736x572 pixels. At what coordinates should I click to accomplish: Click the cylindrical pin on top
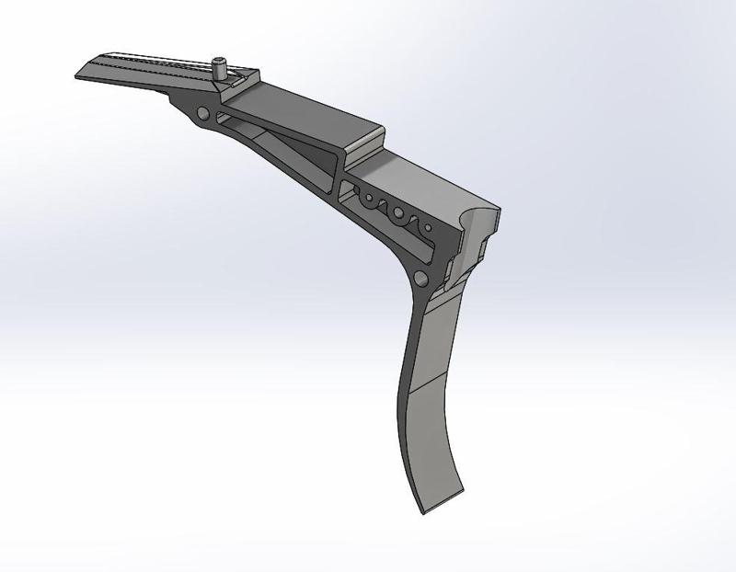point(221,67)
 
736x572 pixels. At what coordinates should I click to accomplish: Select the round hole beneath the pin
point(202,114)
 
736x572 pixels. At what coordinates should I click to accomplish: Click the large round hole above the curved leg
point(421,278)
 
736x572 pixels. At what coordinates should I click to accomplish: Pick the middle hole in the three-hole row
point(398,212)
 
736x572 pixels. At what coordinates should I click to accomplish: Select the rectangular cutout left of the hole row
point(348,189)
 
